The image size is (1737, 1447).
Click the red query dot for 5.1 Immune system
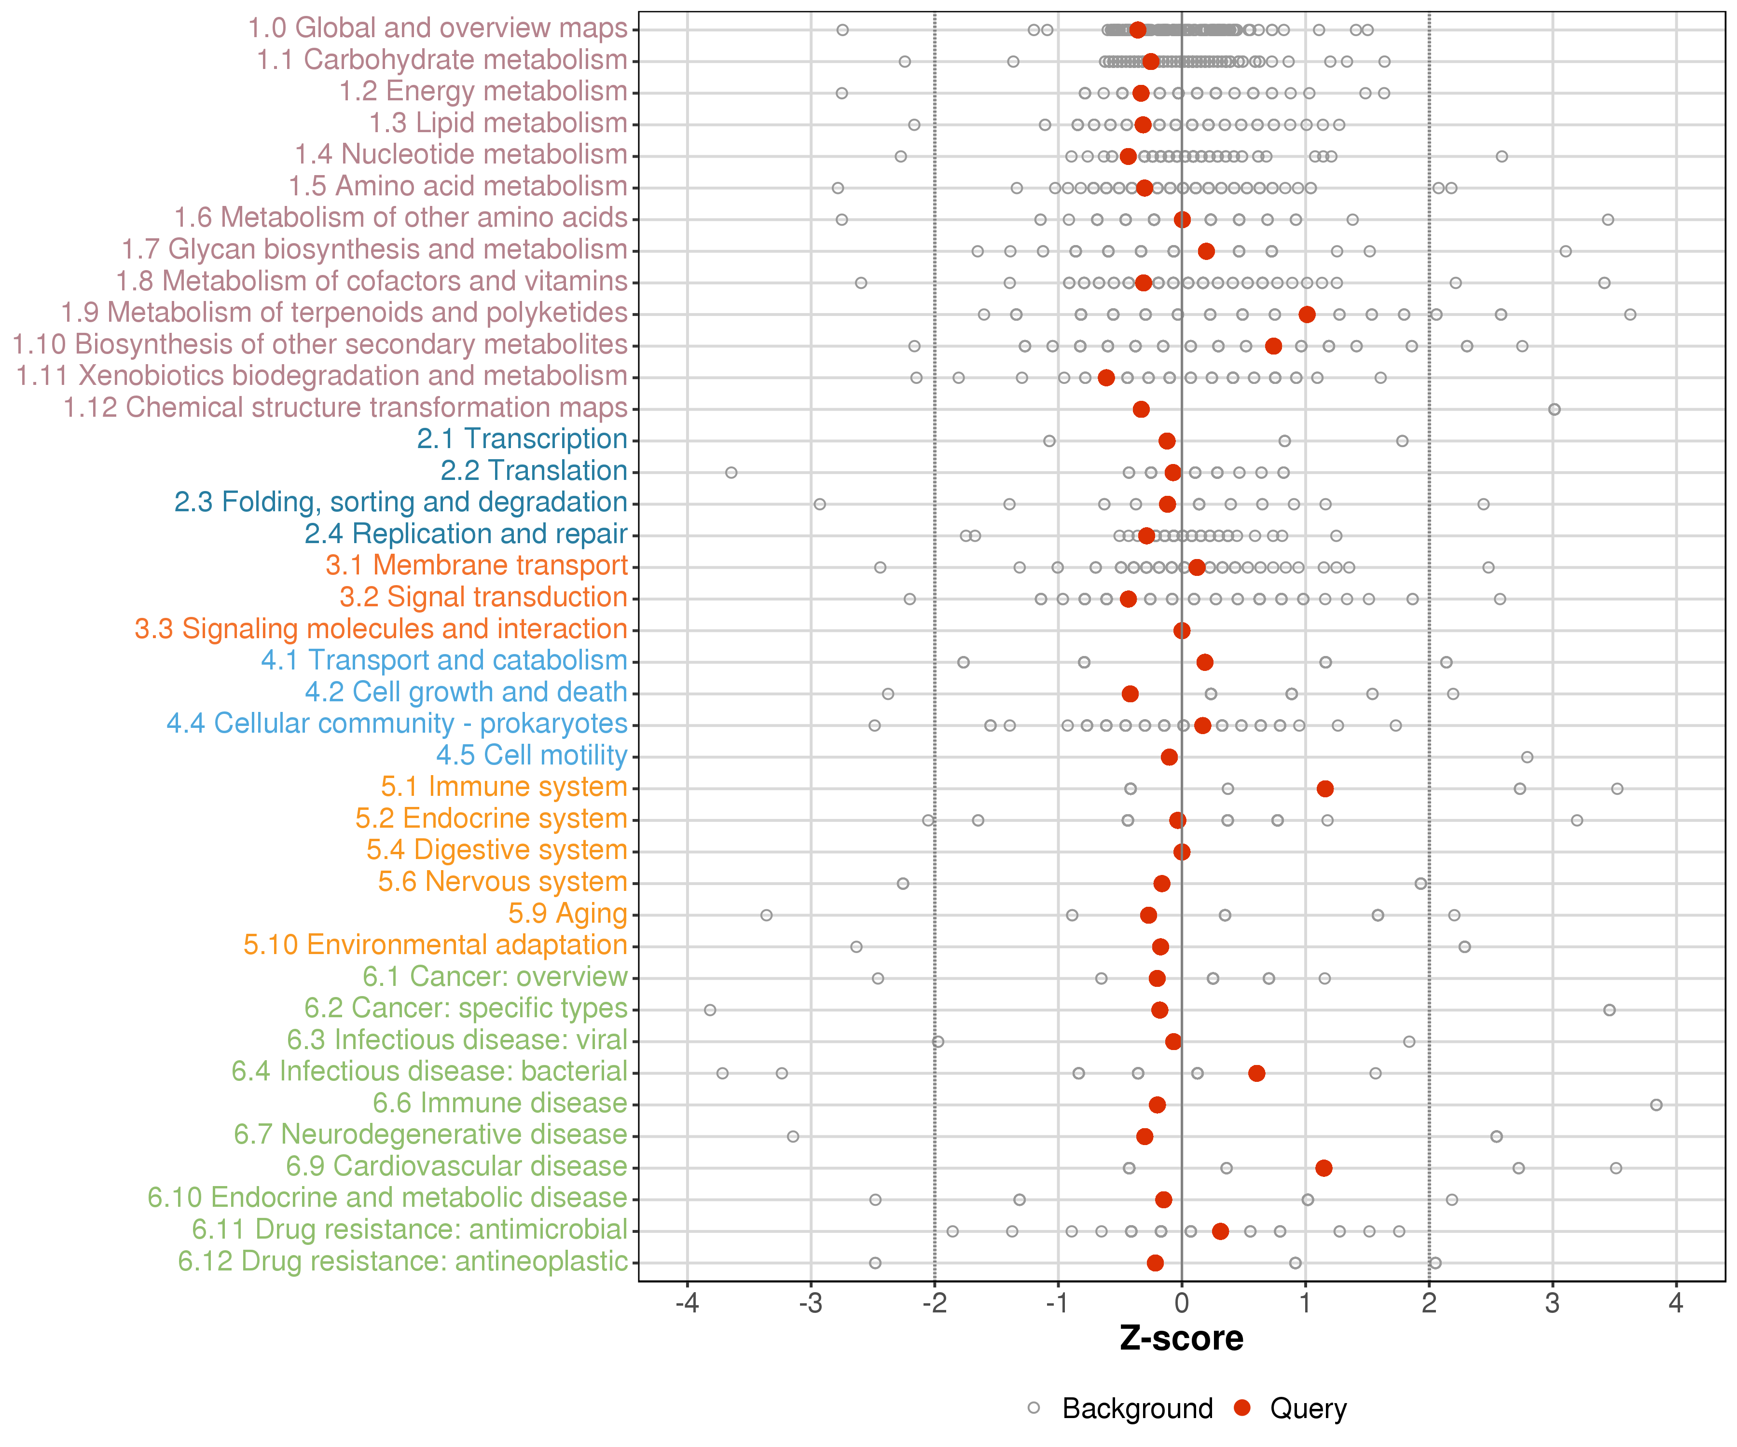[x=1325, y=789]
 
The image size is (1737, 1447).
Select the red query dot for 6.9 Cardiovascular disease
[x=1323, y=1168]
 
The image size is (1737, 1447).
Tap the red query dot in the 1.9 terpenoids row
[x=1307, y=314]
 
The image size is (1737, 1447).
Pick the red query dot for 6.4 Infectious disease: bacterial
[x=1256, y=1073]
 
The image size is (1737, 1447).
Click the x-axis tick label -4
[x=688, y=1304]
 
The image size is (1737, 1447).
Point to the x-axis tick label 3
[x=1553, y=1304]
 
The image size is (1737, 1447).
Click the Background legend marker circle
[x=1034, y=1407]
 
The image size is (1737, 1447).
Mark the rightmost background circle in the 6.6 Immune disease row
[x=1656, y=1105]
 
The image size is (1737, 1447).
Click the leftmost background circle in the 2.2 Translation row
[x=731, y=472]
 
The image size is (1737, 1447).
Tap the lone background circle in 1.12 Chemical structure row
[x=1554, y=410]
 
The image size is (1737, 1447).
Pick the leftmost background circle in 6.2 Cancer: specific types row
[x=710, y=1010]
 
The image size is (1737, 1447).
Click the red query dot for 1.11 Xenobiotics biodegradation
[x=1106, y=378]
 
